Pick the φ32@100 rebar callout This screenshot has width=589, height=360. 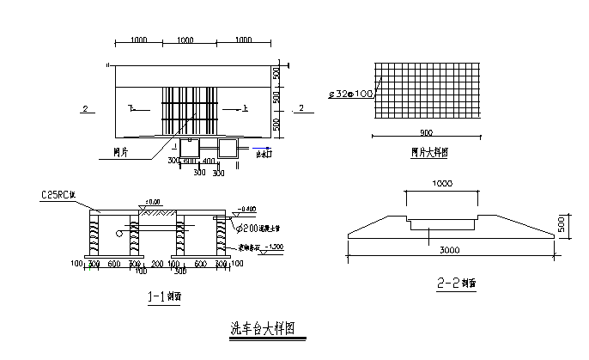pyautogui.click(x=350, y=93)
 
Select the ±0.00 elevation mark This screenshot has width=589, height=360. pyautogui.click(x=155, y=201)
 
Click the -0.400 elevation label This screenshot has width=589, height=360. pyautogui.click(x=246, y=209)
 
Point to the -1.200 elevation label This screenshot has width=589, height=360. pyautogui.click(x=274, y=246)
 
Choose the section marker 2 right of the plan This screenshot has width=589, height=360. pyautogui.click(x=301, y=108)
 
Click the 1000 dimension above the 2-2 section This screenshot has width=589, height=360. pyautogui.click(x=443, y=184)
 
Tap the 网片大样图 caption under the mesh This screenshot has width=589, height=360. pyautogui.click(x=428, y=151)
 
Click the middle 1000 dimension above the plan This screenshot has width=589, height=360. pyautogui.click(x=189, y=41)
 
